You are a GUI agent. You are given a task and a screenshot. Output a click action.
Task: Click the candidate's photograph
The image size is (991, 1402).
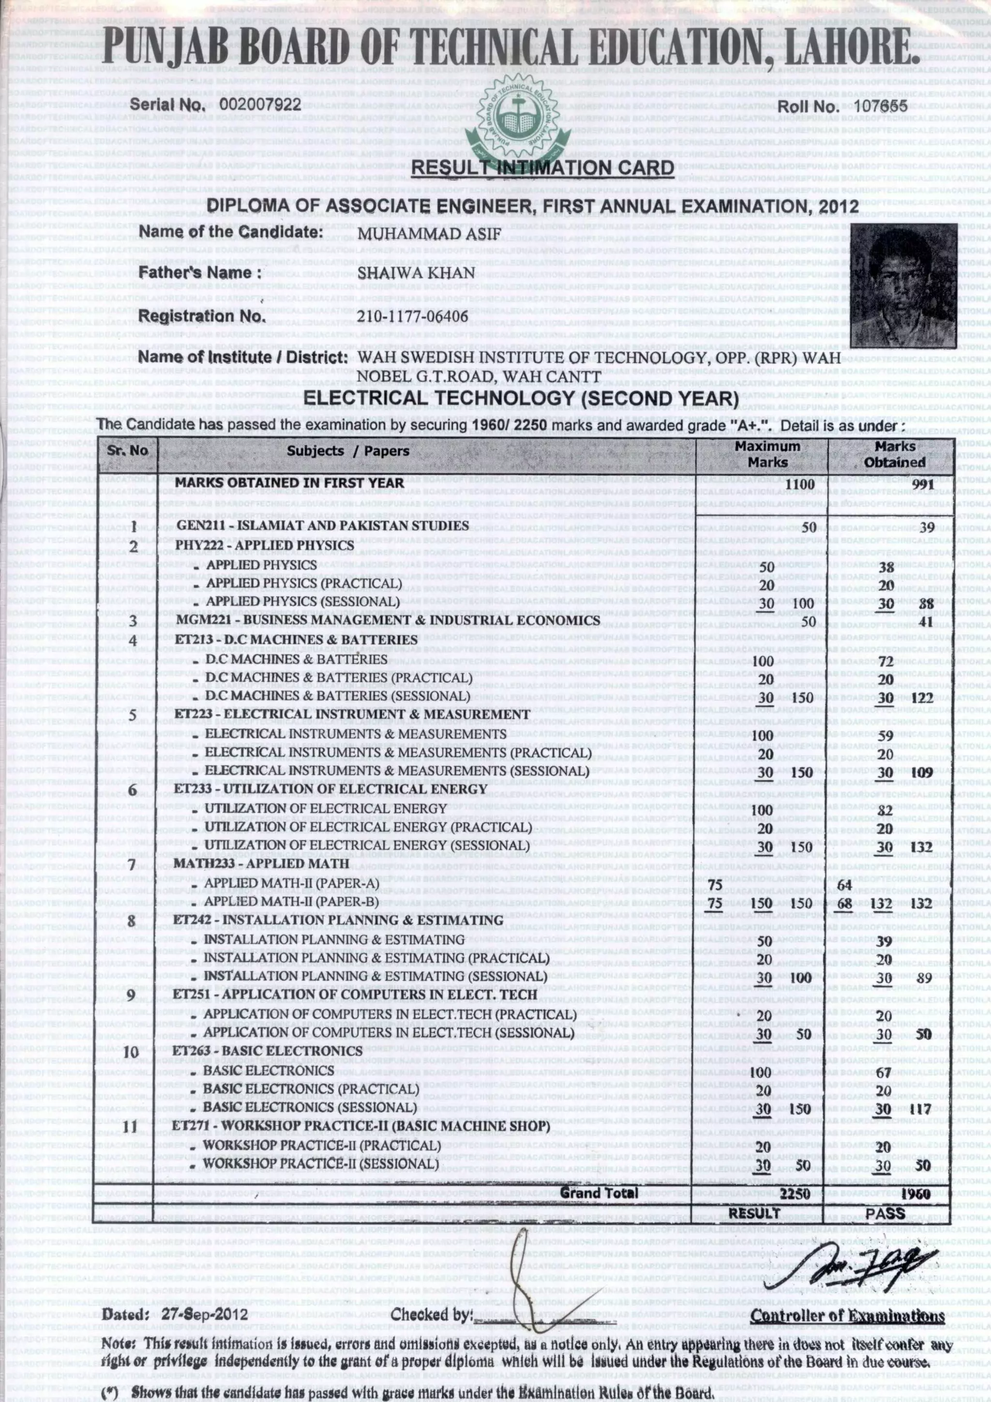pyautogui.click(x=904, y=284)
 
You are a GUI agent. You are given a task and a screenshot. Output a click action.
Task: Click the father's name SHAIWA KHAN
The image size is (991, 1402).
pyautogui.click(x=416, y=273)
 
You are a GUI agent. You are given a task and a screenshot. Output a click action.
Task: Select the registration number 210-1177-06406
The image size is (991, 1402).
pyautogui.click(x=413, y=316)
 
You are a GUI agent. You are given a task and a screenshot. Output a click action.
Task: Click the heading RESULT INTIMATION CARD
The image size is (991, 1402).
pyautogui.click(x=543, y=167)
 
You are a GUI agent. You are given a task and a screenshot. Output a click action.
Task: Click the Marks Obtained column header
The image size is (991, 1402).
pyautogui.click(x=895, y=454)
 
